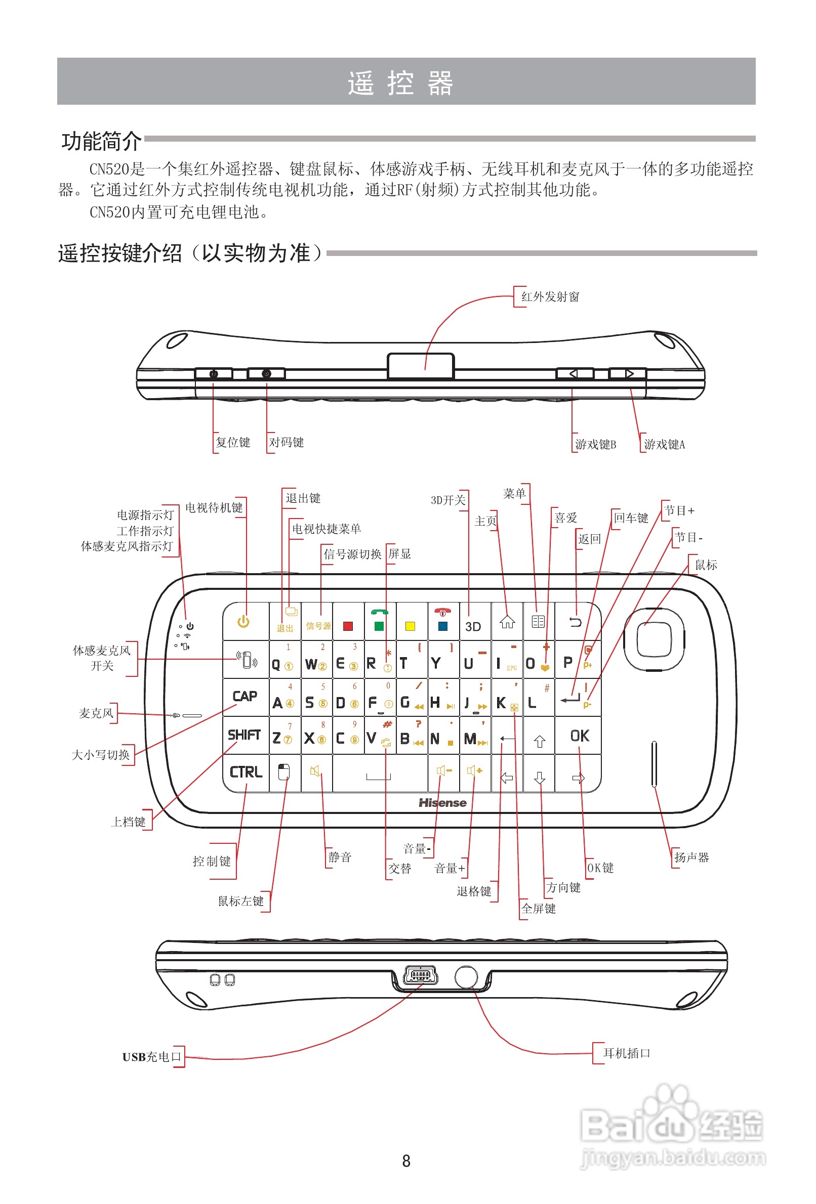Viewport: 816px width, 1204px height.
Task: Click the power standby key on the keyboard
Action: click(243, 622)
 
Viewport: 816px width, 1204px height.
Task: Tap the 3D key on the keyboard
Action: click(473, 626)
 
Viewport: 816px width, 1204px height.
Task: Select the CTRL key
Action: click(246, 772)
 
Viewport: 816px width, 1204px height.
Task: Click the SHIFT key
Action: click(244, 735)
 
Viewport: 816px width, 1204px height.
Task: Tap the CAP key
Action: click(244, 696)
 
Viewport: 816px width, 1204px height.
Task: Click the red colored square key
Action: click(348, 626)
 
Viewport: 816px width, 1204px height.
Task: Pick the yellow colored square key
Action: click(410, 626)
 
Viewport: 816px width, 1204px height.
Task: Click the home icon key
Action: click(507, 622)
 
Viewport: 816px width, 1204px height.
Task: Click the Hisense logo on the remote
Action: click(442, 803)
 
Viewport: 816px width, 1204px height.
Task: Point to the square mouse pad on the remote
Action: click(654, 639)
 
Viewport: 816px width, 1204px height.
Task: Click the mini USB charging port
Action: click(420, 975)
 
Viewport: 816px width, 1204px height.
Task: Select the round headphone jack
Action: click(466, 976)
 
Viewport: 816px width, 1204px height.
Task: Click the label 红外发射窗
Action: click(550, 297)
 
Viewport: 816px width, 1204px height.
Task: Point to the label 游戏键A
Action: click(664, 445)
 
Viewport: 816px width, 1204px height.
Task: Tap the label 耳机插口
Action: click(626, 1053)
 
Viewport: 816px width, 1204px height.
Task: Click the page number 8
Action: click(406, 1161)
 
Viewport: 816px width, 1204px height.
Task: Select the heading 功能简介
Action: click(101, 142)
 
